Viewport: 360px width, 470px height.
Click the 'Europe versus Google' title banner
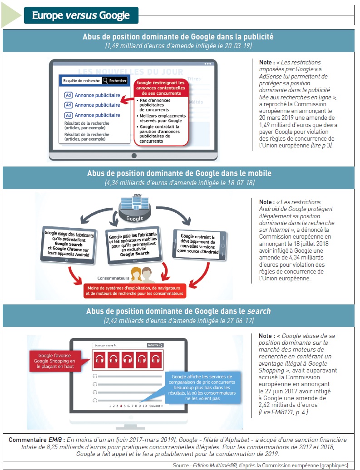point(81,15)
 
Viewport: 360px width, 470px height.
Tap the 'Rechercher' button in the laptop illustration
point(115,81)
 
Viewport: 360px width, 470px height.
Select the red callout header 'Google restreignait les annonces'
point(161,88)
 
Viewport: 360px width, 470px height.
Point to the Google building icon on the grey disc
point(134,203)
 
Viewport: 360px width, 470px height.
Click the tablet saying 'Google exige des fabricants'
point(69,245)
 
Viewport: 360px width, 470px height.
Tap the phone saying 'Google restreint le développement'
point(199,244)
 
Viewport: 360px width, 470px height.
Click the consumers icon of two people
point(141,275)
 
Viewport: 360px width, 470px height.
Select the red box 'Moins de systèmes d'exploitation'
point(134,291)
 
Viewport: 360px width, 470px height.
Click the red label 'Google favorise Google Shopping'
point(55,361)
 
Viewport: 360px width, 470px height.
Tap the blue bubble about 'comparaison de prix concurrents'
point(203,387)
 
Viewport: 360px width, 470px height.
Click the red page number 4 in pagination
point(121,406)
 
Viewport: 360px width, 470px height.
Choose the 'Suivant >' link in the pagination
point(156,406)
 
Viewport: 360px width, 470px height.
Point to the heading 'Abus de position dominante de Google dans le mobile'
point(179,173)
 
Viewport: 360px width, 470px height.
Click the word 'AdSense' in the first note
point(269,76)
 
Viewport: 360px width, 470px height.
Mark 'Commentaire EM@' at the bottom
point(35,440)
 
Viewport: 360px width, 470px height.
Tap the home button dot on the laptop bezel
point(134,156)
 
